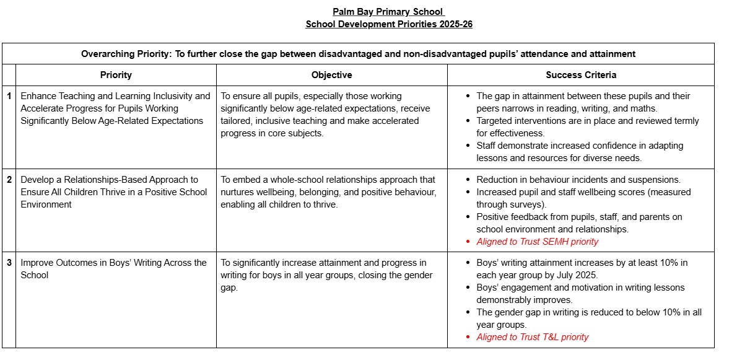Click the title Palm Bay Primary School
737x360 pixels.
pyautogui.click(x=388, y=12)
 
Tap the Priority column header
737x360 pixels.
pyautogui.click(x=116, y=75)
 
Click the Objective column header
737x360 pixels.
pyautogui.click(x=331, y=75)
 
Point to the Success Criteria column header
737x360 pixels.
pyautogui.click(x=580, y=75)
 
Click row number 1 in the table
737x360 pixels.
pyautogui.click(x=9, y=96)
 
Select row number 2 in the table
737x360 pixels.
pyautogui.click(x=9, y=180)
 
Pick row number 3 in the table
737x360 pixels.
pyautogui.click(x=9, y=263)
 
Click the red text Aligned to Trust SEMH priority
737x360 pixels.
pyautogui.click(x=537, y=242)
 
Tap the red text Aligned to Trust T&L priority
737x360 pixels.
pyautogui.click(x=532, y=337)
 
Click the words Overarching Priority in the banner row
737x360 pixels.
pyautogui.click(x=125, y=54)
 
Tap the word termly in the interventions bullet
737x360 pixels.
pyautogui.click(x=684, y=121)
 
